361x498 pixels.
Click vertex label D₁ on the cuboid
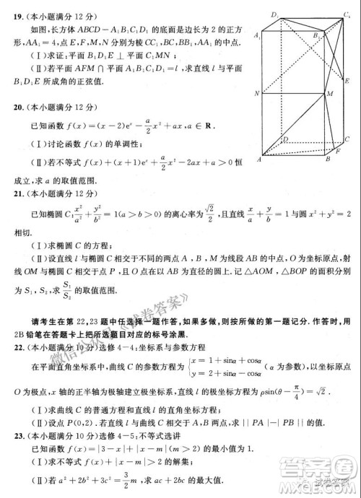click(x=275, y=14)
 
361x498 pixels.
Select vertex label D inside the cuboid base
click(x=284, y=139)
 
